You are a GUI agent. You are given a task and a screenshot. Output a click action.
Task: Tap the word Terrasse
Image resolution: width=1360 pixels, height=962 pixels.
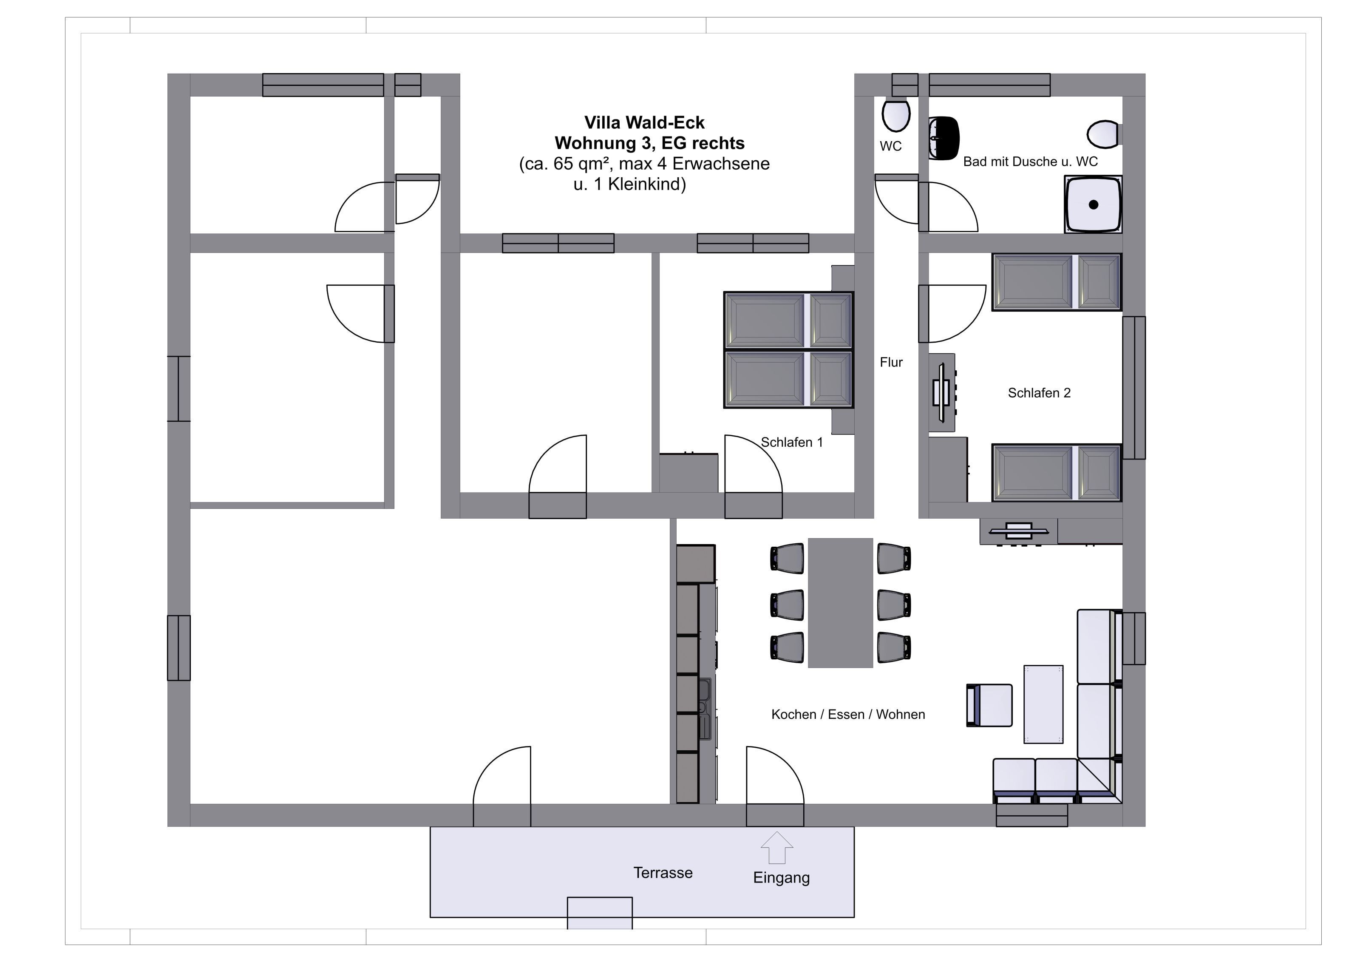663,873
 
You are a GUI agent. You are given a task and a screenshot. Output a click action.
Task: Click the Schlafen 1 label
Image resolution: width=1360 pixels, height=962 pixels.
792,442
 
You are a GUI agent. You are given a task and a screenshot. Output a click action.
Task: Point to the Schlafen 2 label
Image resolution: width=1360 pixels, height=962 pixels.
1039,393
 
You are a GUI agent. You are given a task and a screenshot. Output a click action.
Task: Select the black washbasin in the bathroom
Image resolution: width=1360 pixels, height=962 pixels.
943,138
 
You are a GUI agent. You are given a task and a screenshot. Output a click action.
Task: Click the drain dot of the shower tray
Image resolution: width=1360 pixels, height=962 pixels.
1094,204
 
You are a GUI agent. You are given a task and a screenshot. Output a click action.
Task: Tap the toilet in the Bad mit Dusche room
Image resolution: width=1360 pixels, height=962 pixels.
1104,134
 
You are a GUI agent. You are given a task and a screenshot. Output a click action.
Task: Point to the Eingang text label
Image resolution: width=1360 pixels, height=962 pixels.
781,878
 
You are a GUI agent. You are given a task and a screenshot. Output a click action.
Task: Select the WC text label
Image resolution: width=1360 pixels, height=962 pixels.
890,146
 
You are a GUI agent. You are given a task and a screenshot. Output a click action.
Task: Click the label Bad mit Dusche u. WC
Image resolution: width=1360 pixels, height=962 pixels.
1030,162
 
